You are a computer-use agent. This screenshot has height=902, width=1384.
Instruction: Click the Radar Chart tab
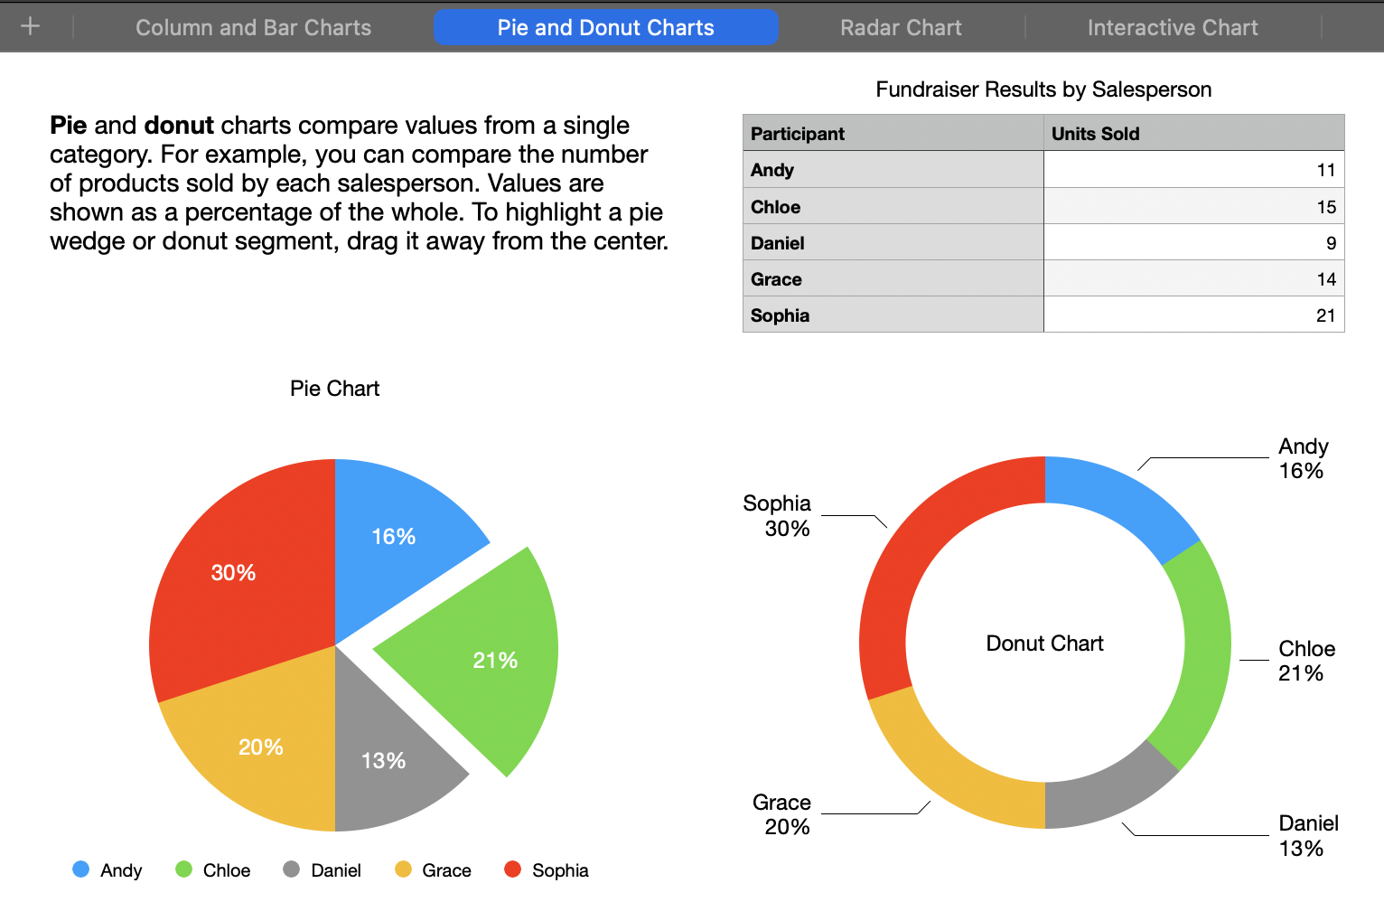coord(901,28)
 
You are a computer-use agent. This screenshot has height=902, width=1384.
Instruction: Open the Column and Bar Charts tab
coord(253,28)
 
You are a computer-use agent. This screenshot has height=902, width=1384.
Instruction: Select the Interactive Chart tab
coord(1172,28)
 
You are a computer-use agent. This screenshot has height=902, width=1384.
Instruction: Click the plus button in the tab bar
coord(30,26)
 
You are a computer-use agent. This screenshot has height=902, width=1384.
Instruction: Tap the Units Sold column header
coord(1095,134)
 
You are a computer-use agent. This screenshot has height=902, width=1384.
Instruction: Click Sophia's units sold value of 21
coord(1324,315)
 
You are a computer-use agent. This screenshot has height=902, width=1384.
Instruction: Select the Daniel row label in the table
coord(778,243)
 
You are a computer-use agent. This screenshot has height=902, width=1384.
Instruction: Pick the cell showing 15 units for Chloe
coord(1325,207)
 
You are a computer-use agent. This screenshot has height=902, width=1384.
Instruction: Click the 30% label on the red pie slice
coord(233,573)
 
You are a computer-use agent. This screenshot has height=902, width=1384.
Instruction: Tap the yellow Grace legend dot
coord(403,869)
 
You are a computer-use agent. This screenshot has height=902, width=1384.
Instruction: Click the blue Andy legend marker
coord(81,869)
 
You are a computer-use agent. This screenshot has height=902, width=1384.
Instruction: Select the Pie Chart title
coord(334,389)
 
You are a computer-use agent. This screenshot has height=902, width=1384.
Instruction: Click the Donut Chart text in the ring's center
coord(1044,644)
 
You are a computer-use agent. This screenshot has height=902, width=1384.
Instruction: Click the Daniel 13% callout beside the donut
coord(1307,835)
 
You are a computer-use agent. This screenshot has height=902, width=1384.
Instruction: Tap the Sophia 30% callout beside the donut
coord(778,516)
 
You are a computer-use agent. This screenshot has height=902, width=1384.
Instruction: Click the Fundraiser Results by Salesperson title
coord(1043,89)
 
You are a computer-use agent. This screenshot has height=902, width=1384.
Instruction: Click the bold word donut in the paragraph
coord(179,126)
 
